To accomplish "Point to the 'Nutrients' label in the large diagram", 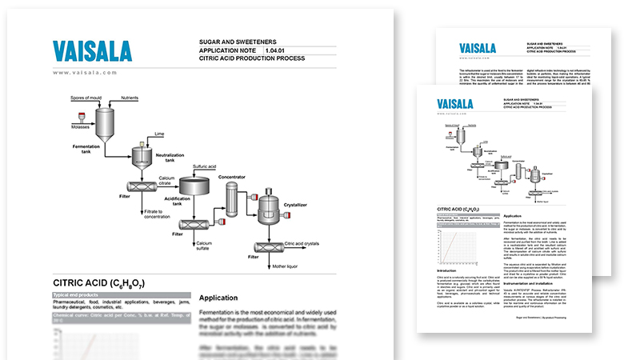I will click(134, 98).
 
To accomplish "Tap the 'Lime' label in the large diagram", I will click(159, 134).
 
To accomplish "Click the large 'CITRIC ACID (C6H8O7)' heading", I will click(98, 282).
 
